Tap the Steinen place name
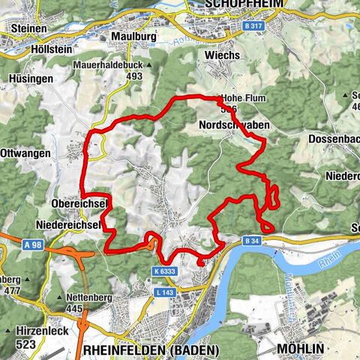tap(28, 28)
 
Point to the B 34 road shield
tap(251, 241)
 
